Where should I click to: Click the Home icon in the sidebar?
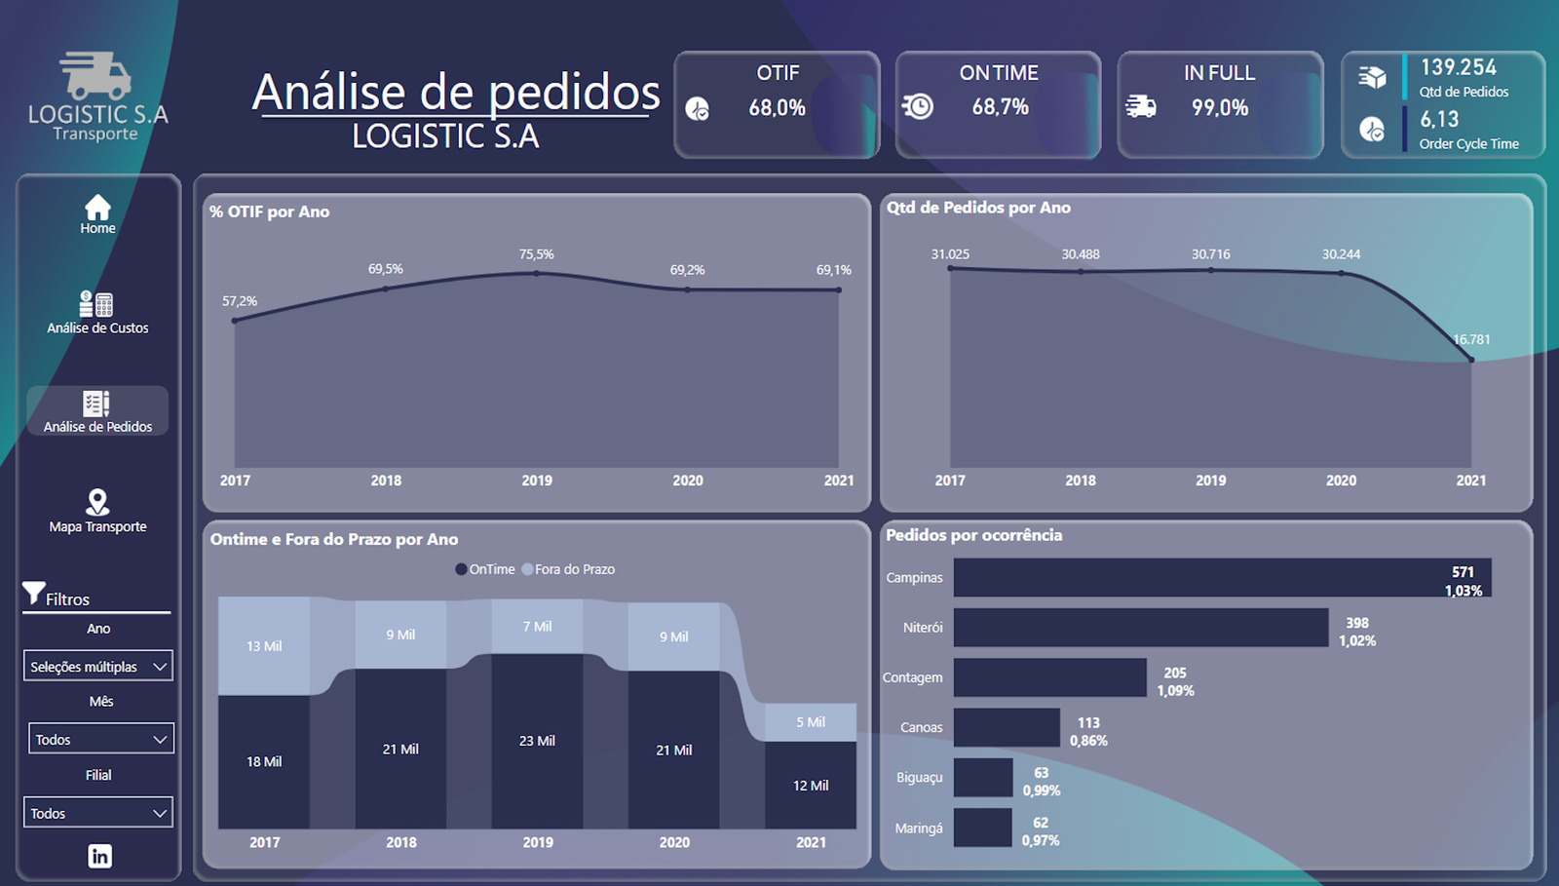(97, 208)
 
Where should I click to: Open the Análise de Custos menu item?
(97, 314)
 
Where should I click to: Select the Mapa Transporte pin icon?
(97, 502)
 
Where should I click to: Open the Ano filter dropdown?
(98, 667)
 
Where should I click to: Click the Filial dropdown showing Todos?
(98, 813)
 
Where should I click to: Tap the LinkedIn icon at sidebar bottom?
(99, 856)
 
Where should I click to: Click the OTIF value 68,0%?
(777, 108)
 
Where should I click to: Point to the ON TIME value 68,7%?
(1000, 107)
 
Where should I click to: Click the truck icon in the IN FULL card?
(1140, 106)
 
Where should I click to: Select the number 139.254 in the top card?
(1458, 67)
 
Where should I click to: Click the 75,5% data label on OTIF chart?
(536, 254)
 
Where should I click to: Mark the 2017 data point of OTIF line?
(235, 320)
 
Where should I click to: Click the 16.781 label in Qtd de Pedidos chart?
(1471, 339)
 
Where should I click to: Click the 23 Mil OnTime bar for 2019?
(537, 741)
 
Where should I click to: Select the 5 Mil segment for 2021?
(810, 722)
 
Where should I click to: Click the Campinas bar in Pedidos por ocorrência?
(1222, 578)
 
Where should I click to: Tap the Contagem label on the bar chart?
(912, 677)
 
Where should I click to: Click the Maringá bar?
(982, 828)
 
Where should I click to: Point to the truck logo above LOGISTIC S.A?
(95, 75)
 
